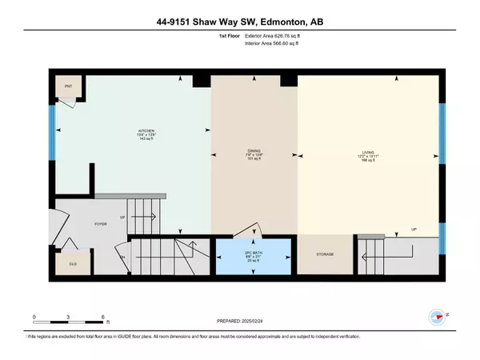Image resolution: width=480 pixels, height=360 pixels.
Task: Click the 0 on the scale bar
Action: tap(34, 317)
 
